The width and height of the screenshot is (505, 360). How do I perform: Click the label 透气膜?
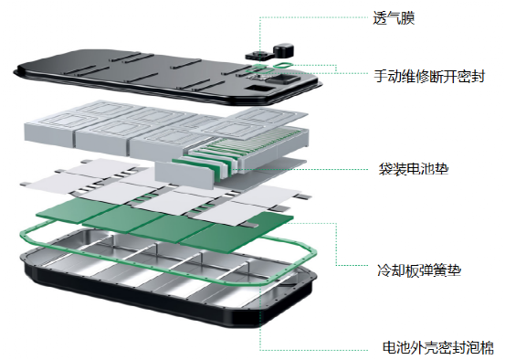click(x=394, y=17)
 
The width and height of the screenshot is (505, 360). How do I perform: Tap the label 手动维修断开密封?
click(x=429, y=77)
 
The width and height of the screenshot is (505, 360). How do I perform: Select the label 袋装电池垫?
click(x=414, y=169)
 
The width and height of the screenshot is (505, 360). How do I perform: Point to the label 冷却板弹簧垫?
click(x=419, y=270)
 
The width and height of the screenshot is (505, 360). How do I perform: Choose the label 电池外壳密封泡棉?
click(x=438, y=347)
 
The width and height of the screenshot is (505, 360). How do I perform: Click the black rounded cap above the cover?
click(x=284, y=50)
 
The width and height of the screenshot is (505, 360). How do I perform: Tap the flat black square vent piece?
click(x=259, y=56)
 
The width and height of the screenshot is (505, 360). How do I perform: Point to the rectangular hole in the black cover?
click(x=259, y=89)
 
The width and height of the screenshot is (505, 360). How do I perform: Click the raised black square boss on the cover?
click(x=283, y=79)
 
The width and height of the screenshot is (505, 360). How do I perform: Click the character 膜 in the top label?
click(x=407, y=17)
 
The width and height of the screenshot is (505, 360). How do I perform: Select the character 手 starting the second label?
click(x=381, y=77)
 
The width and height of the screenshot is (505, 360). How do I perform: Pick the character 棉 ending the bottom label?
click(x=487, y=347)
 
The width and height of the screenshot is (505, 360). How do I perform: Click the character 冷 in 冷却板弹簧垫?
click(x=384, y=270)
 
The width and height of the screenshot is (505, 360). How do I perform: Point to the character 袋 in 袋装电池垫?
click(x=385, y=169)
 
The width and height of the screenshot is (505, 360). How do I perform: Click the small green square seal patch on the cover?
click(x=259, y=67)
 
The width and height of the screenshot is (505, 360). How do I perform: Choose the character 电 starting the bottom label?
click(x=389, y=347)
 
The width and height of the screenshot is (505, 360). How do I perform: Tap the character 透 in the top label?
click(x=380, y=17)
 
